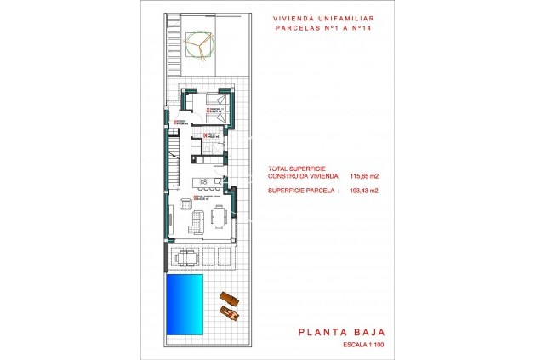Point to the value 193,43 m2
point(363,191)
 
